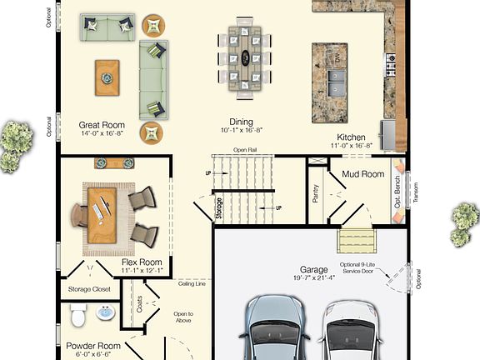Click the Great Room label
click(102, 126)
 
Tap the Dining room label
click(242, 121)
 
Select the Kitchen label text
click(351, 137)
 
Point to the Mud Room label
click(362, 174)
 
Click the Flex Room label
click(141, 262)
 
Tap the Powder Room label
click(92, 346)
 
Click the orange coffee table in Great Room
click(107, 77)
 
